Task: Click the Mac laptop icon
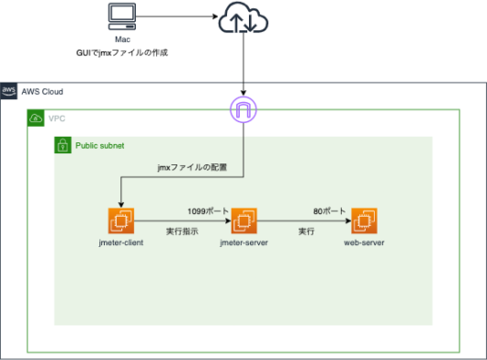click(x=121, y=17)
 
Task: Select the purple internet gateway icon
click(x=243, y=111)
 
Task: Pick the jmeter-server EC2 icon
click(x=243, y=221)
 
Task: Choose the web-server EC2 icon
click(x=364, y=221)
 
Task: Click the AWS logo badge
click(x=9, y=90)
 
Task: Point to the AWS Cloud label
click(x=42, y=91)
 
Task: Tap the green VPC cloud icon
click(x=35, y=118)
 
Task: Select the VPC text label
click(x=57, y=118)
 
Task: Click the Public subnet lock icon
click(x=62, y=145)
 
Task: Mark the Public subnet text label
click(x=99, y=145)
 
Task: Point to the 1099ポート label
click(x=209, y=210)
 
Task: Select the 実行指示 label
click(x=182, y=231)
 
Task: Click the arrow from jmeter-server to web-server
click(x=303, y=221)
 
